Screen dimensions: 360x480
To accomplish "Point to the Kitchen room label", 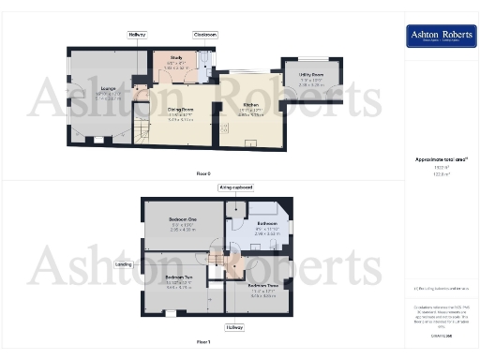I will click(x=250, y=105).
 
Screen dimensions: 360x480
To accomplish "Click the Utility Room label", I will click(x=312, y=75).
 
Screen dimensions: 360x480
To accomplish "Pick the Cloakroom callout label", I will click(x=205, y=34).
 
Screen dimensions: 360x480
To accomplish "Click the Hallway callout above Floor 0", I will click(x=138, y=34).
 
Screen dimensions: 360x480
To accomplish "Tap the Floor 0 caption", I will click(x=203, y=173).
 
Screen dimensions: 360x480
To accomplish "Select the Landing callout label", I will click(x=123, y=264).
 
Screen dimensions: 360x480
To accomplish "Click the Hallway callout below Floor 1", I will click(x=234, y=327).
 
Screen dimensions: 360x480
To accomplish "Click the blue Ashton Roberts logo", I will click(x=437, y=36).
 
